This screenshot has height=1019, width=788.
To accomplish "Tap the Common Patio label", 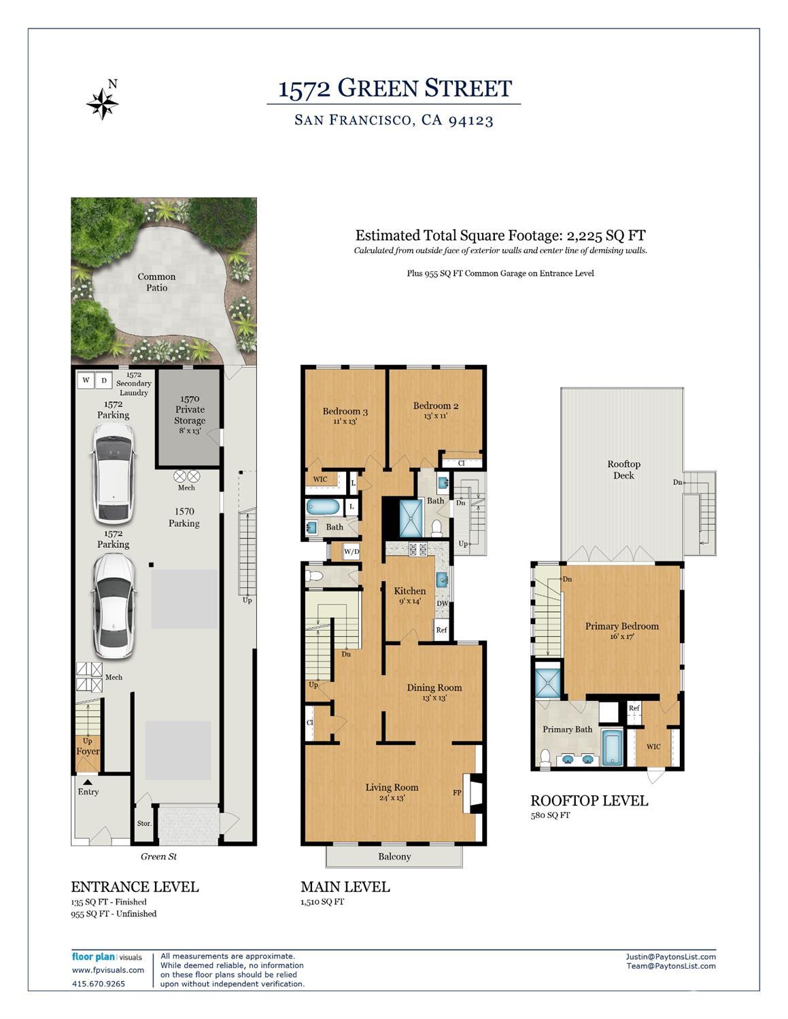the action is pos(156,282).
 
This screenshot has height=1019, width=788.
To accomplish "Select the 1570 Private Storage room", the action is pos(189,417).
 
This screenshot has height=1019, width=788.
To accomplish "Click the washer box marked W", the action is pos(86,380).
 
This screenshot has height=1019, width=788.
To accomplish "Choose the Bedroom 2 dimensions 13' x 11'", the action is pos(435,415).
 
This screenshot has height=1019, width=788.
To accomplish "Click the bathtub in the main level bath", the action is pos(324,507).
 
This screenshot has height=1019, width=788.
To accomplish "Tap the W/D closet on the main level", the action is pos(352,551).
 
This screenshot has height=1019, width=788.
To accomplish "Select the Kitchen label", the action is pos(409,591).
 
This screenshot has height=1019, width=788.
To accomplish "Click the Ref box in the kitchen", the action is pos(441,629).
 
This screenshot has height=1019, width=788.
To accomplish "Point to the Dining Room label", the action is pos(434,687).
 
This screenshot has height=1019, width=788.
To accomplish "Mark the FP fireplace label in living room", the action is pos(457,793).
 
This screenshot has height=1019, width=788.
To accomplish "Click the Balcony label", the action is pos(394,857).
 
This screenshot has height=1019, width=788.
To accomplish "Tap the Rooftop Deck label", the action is pos(623,470).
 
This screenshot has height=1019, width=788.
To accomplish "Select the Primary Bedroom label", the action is pos(622,626).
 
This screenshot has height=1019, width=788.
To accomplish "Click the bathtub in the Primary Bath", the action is pos(612,748).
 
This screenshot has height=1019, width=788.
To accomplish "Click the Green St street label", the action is pos(158,857).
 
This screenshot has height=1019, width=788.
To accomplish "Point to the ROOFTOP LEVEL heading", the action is pos(589,801).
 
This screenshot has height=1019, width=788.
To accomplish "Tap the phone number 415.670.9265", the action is pos(99,984).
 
